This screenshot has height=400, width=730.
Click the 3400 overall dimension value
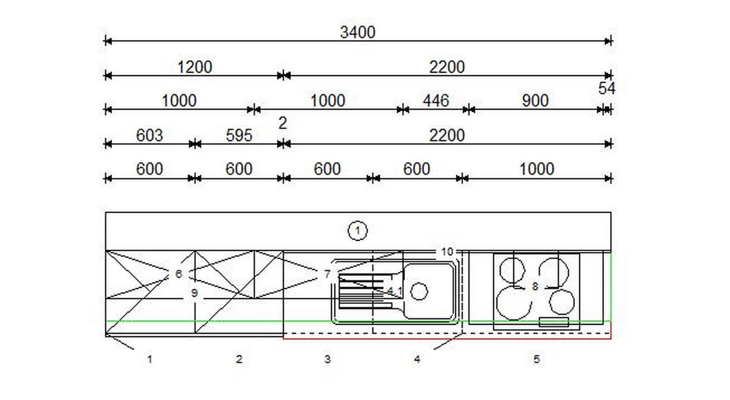358,32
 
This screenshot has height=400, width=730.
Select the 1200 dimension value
195,67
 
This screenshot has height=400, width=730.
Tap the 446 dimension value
436,100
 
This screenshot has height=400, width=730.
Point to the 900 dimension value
535,100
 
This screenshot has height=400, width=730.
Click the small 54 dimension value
607,88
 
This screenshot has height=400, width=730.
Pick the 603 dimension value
149,135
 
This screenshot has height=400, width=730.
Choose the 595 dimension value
239,135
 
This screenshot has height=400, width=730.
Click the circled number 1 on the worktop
358,231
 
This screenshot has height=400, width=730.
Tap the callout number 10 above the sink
447,252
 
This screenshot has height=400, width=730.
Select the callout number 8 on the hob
535,287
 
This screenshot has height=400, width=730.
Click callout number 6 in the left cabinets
179,274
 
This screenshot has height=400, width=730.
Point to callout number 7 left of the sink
327,274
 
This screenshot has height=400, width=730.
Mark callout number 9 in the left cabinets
194,293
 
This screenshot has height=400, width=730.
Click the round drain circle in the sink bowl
419,292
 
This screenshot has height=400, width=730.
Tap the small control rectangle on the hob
554,322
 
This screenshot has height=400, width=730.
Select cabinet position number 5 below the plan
537,359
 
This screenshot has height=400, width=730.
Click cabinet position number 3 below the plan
327,359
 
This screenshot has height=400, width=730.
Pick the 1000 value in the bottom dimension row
537,169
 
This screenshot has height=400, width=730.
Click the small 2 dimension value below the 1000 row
282,123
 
